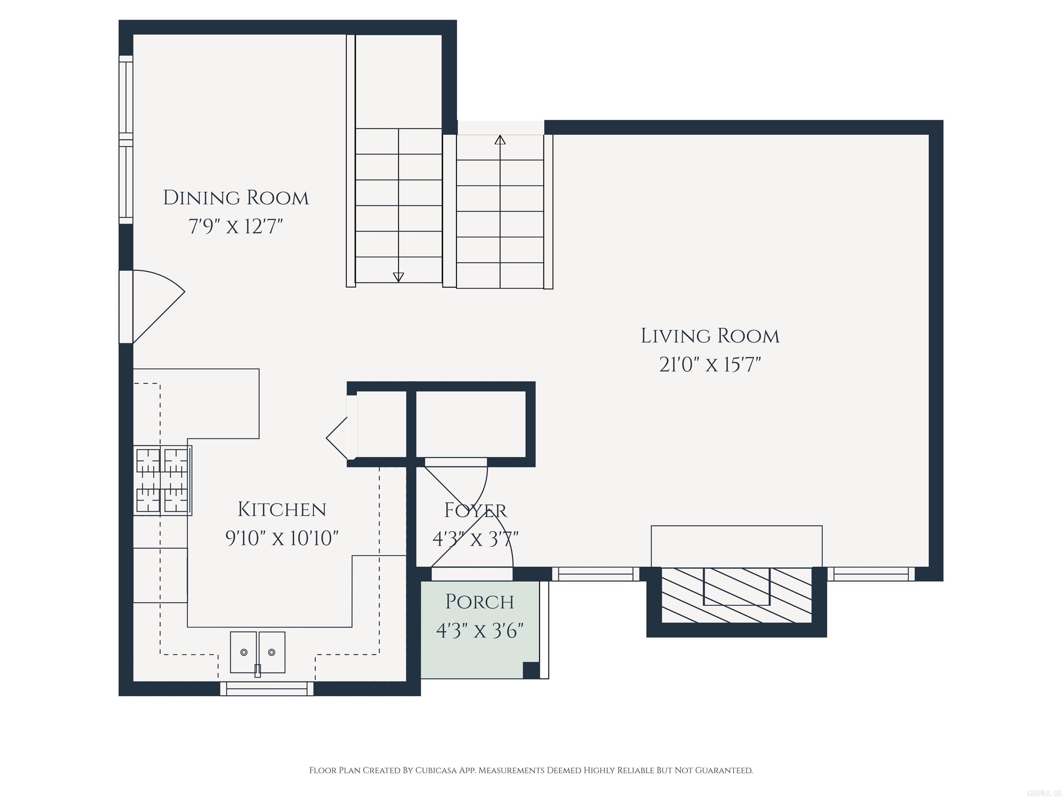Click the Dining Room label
coord(236,198)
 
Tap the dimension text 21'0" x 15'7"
coord(710,365)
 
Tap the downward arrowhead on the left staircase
coord(398,277)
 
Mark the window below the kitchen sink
coord(267,689)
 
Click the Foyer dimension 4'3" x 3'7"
coord(475,539)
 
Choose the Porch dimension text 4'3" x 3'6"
coord(479,630)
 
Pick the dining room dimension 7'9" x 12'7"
coord(236,226)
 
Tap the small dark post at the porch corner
coord(531,670)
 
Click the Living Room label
coord(710,336)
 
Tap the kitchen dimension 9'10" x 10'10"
coord(282,538)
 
